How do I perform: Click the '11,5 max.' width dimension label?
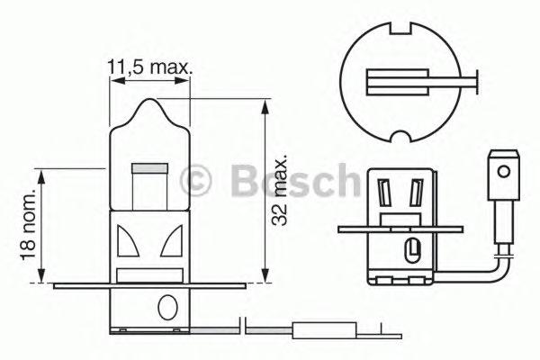point(150,65)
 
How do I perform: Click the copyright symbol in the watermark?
point(195,180)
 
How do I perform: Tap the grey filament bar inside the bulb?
point(149,167)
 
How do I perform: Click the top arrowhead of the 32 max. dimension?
point(265,106)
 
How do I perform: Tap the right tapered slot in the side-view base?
point(416,192)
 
